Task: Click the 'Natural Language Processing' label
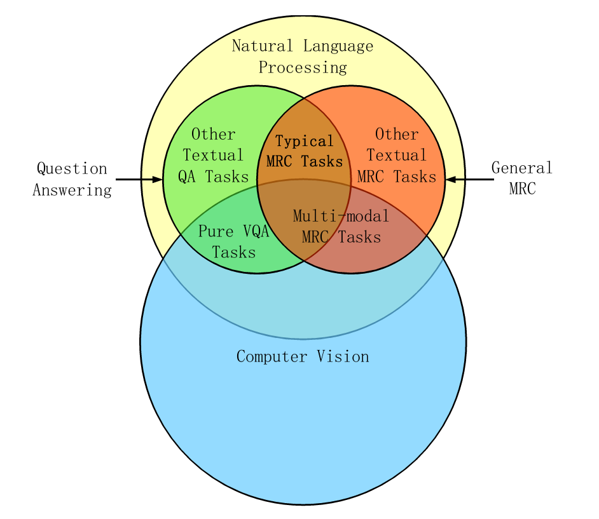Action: [x=303, y=57]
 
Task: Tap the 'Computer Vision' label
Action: [x=303, y=356]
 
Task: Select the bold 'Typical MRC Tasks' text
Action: [x=305, y=151]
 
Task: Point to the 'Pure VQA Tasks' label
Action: [x=234, y=241]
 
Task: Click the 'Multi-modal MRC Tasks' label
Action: [x=341, y=227]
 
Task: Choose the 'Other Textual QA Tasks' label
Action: [x=214, y=156]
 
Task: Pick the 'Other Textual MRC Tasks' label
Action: [x=397, y=156]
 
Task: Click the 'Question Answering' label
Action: [x=72, y=179]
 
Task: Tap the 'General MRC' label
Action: [x=522, y=179]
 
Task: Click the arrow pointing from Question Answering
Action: [x=139, y=179]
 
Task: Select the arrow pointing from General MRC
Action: [x=469, y=179]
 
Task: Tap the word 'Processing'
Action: [x=303, y=67]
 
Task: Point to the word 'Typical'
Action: [x=305, y=141]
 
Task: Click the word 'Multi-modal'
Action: [x=341, y=217]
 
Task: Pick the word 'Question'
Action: [x=72, y=169]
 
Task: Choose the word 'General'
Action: [x=522, y=168]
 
